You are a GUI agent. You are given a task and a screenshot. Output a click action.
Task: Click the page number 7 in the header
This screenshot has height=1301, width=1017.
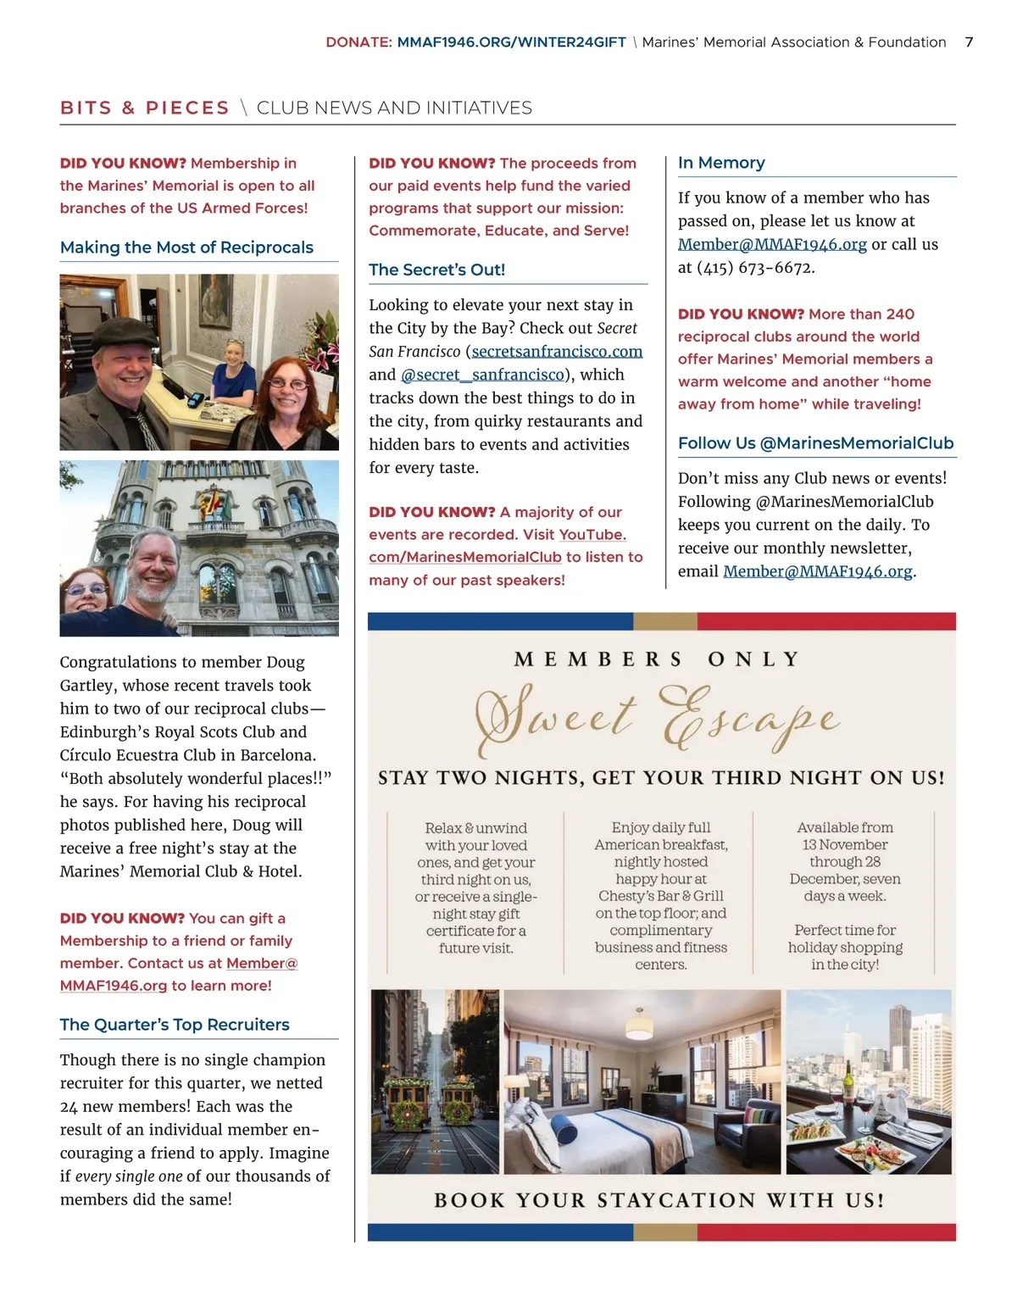pos(969,42)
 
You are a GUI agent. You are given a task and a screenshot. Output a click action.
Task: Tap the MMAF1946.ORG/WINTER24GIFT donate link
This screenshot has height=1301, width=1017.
pos(511,42)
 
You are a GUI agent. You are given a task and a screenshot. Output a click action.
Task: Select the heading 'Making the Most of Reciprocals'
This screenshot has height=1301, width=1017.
pos(186,247)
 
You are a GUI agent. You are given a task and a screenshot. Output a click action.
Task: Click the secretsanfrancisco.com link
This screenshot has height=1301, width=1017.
pos(557,352)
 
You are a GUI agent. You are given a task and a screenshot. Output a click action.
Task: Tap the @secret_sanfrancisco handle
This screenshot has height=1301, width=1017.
pos(482,375)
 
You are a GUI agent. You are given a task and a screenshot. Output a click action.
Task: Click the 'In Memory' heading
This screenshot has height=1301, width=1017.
pos(721,163)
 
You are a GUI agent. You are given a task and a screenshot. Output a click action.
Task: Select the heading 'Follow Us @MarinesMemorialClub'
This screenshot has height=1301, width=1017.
pos(815,443)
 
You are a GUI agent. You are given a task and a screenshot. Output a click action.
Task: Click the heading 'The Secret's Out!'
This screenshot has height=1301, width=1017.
pos(436,270)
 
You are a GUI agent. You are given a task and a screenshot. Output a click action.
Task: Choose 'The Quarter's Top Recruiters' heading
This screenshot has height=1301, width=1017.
pos(175,1025)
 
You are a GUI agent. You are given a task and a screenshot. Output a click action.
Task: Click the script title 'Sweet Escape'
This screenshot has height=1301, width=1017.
pos(659,719)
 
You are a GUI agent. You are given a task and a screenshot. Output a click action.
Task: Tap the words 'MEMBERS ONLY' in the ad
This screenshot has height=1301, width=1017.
pos(658,659)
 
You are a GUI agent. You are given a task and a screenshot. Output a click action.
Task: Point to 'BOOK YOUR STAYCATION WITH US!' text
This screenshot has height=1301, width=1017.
pos(659,1200)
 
